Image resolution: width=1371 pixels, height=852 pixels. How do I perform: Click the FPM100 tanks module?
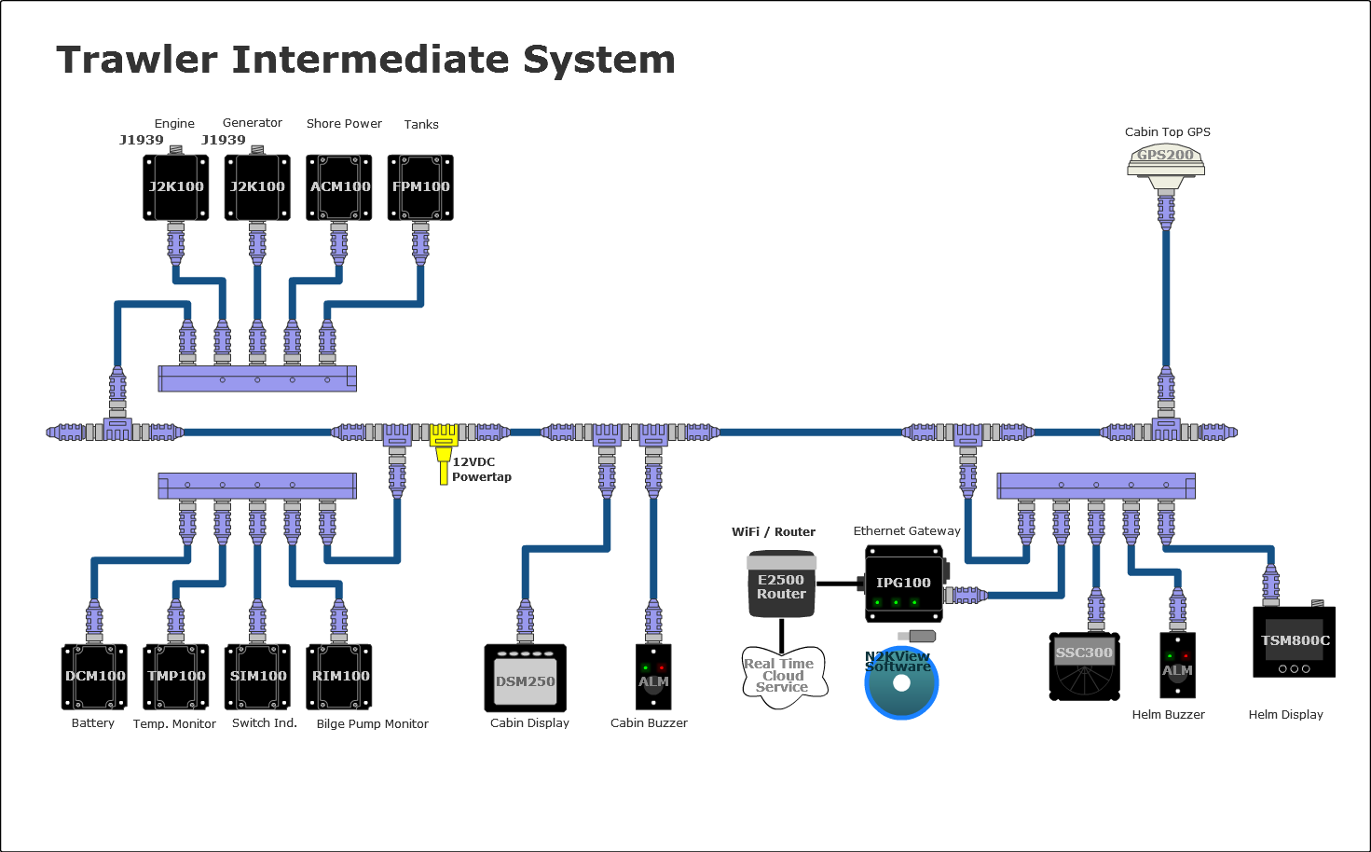pos(420,187)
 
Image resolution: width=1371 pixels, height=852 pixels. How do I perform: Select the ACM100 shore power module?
pos(339,187)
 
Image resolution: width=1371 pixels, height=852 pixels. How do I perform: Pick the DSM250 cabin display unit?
pos(526,678)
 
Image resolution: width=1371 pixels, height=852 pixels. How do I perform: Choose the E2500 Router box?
pos(781,584)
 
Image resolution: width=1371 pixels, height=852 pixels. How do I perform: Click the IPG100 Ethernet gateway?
pos(903,584)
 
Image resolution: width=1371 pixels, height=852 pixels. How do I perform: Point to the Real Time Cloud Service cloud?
pos(783,676)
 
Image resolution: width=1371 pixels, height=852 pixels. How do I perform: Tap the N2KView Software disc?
pos(900,684)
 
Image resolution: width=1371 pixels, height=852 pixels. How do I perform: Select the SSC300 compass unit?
pos(1084,666)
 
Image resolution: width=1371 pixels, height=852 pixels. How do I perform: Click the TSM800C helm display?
pos(1294,642)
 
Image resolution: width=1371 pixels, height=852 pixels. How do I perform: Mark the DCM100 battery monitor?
pos(94,677)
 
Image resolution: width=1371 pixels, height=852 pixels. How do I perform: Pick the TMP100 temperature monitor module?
pos(176,677)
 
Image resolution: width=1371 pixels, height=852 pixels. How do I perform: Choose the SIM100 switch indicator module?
pos(258,677)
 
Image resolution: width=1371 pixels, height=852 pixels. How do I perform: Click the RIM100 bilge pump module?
pos(340,677)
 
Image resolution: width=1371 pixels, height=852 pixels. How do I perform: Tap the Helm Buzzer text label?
pos(1168,715)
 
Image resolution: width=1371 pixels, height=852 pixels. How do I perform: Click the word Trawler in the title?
pos(137,60)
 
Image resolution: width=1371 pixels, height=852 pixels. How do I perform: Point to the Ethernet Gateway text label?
pos(907,531)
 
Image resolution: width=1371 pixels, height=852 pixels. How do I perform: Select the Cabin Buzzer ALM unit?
pos(653,677)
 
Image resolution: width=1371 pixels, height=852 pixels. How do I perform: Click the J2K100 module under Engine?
pos(176,187)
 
